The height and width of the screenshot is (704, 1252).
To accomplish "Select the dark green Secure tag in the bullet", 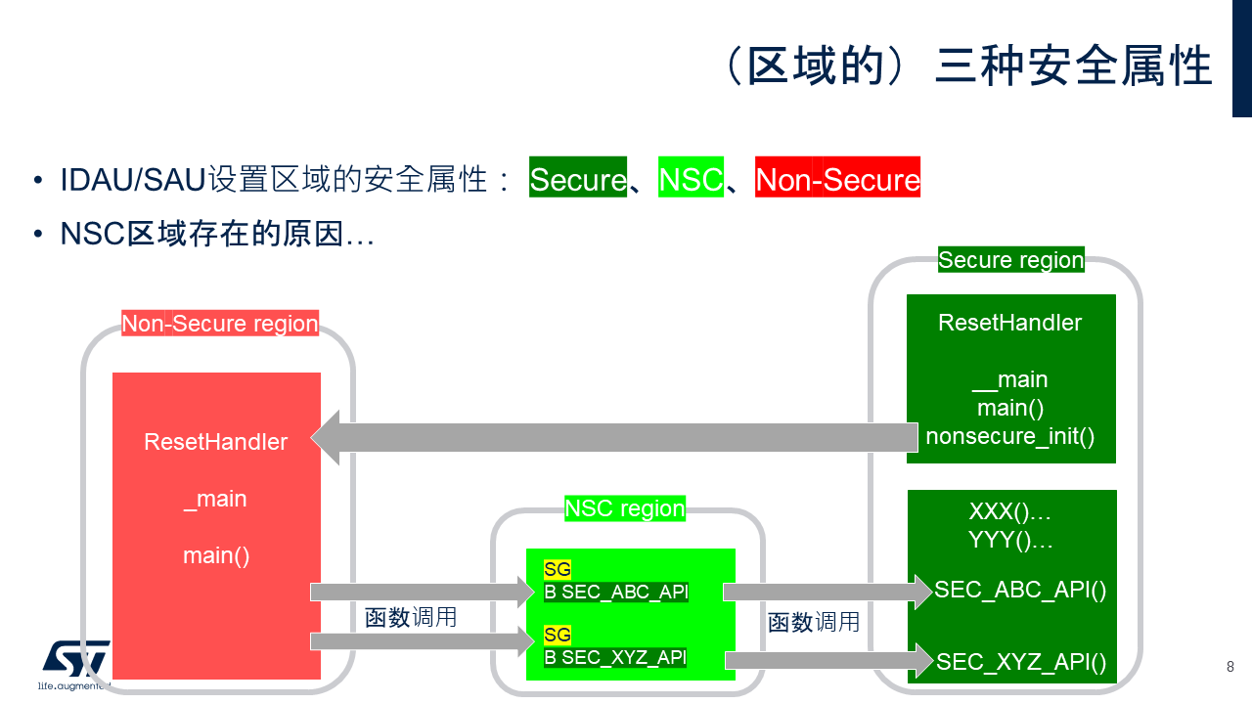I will click(577, 179).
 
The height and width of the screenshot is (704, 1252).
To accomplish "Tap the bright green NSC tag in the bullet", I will click(691, 179).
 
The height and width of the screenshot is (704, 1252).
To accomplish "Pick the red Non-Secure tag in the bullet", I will click(837, 179).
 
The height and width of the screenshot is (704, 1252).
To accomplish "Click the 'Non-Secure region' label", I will click(220, 324).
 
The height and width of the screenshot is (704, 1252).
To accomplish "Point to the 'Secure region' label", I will click(1010, 260).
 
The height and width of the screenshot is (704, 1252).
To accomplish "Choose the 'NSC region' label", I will click(625, 508).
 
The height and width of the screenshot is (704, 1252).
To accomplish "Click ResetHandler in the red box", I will click(216, 441).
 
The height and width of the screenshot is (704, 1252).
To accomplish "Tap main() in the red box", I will click(216, 555).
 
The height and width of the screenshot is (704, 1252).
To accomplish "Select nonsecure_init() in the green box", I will click(1010, 435).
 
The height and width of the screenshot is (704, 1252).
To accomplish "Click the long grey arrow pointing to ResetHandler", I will click(616, 437).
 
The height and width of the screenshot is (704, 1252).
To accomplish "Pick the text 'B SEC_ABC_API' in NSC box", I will click(616, 592).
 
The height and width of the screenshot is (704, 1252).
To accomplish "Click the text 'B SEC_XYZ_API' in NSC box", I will click(615, 657).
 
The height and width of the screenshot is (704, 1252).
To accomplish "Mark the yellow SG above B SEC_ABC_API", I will click(558, 569).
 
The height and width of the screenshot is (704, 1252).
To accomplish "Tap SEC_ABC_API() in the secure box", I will click(1020, 590).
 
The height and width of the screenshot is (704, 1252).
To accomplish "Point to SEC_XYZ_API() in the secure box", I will click(1021, 662).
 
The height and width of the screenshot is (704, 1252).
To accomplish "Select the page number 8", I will click(1230, 667).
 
